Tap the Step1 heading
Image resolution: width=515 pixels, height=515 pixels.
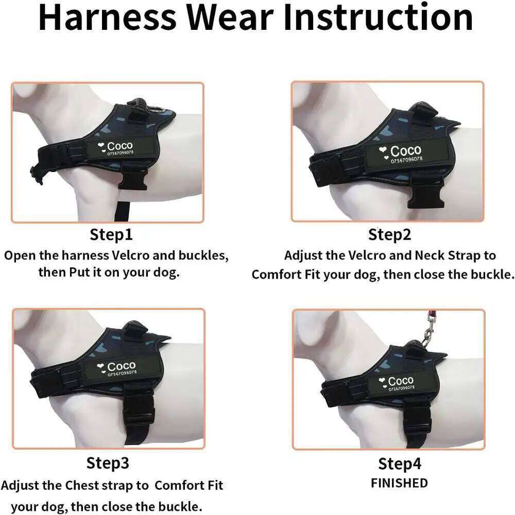click(x=111, y=235)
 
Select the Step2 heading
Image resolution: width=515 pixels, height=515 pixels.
click(x=390, y=235)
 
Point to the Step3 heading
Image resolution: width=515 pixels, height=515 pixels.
click(x=108, y=463)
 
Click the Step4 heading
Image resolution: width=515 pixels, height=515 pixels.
click(x=400, y=463)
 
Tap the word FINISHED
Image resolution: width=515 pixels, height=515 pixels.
click(x=400, y=483)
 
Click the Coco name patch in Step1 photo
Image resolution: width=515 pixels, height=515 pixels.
click(x=116, y=148)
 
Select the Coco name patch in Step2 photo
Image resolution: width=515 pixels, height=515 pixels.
click(x=401, y=153)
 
